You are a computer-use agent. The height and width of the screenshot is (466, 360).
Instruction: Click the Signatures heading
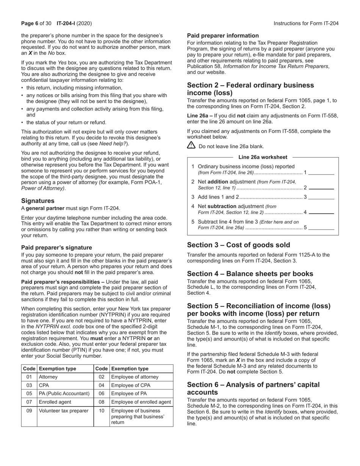click(38, 201)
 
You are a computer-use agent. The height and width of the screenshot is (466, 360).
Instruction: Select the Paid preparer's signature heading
click(56, 247)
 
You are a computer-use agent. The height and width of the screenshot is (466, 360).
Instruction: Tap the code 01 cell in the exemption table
click(29, 377)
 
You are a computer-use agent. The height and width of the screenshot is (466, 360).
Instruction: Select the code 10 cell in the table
click(102, 411)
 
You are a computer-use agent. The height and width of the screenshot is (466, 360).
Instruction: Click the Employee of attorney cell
click(135, 377)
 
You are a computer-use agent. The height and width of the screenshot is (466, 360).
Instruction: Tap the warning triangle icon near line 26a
click(191, 145)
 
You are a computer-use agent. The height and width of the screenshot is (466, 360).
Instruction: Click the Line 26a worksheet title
click(263, 157)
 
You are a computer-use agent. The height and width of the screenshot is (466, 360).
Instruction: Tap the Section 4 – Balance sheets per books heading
click(250, 274)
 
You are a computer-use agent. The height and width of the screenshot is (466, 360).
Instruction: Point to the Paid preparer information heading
click(223, 36)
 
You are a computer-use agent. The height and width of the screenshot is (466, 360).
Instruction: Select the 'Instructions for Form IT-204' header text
click(306, 23)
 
